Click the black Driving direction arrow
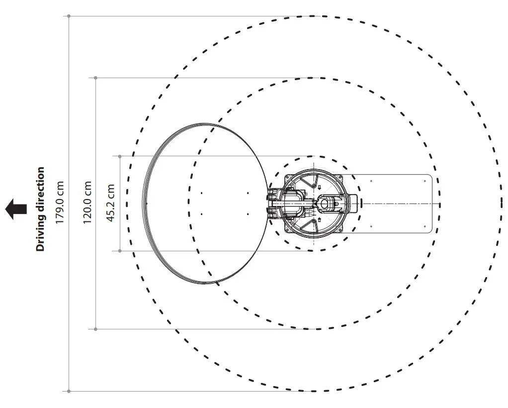pyautogui.click(x=16, y=209)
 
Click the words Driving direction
pyautogui.click(x=40, y=209)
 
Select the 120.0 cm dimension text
pyautogui.click(x=87, y=202)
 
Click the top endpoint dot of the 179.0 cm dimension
pyautogui.click(x=69, y=16)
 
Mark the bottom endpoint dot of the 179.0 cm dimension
pyautogui.click(x=69, y=391)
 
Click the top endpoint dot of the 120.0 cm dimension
pyautogui.click(x=95, y=78)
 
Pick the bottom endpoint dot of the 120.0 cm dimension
pyautogui.click(x=95, y=329)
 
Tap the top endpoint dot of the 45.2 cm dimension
pyautogui.click(x=120, y=156)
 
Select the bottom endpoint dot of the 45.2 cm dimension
pyautogui.click(x=120, y=251)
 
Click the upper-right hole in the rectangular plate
pyautogui.click(x=424, y=181)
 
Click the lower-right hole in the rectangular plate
pyautogui.click(x=424, y=226)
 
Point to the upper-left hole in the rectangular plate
pyautogui.click(x=371, y=181)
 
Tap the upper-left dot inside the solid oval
pyautogui.click(x=201, y=193)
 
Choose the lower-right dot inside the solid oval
pyautogui.click(x=248, y=214)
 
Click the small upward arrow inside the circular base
pyautogui.click(x=319, y=219)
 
